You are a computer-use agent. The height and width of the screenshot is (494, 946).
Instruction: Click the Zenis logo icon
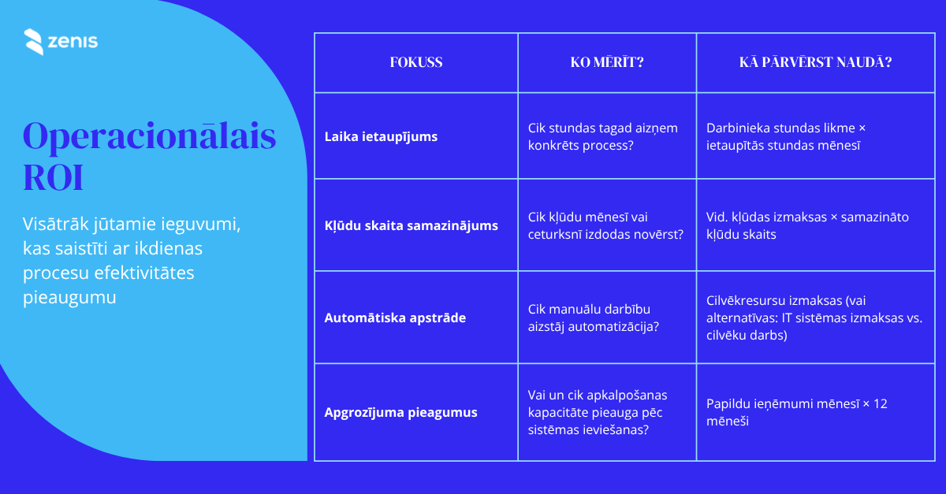pos(34,42)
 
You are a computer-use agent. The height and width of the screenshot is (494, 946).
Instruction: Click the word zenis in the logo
pos(73,42)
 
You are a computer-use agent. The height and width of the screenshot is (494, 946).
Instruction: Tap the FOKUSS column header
pos(416,62)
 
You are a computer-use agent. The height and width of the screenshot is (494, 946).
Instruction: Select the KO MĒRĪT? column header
pos(607,62)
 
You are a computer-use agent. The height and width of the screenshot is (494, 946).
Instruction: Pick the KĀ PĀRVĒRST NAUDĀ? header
pos(815,62)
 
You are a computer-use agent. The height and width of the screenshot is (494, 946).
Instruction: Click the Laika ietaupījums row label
pos(381,137)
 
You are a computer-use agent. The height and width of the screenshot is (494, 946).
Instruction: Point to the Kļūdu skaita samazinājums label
pos(411,226)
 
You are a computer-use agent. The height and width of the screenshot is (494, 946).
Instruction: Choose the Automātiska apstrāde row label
pos(395,318)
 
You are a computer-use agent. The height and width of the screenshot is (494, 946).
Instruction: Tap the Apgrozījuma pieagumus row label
pos(400,413)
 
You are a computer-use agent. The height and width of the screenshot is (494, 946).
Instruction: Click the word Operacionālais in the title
pos(150,137)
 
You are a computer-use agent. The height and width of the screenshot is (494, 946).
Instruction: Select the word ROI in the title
pos(53,178)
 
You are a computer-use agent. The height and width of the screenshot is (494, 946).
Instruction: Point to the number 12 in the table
pos(880,404)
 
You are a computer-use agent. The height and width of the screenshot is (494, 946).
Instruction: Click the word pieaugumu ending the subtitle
pos(69,298)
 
